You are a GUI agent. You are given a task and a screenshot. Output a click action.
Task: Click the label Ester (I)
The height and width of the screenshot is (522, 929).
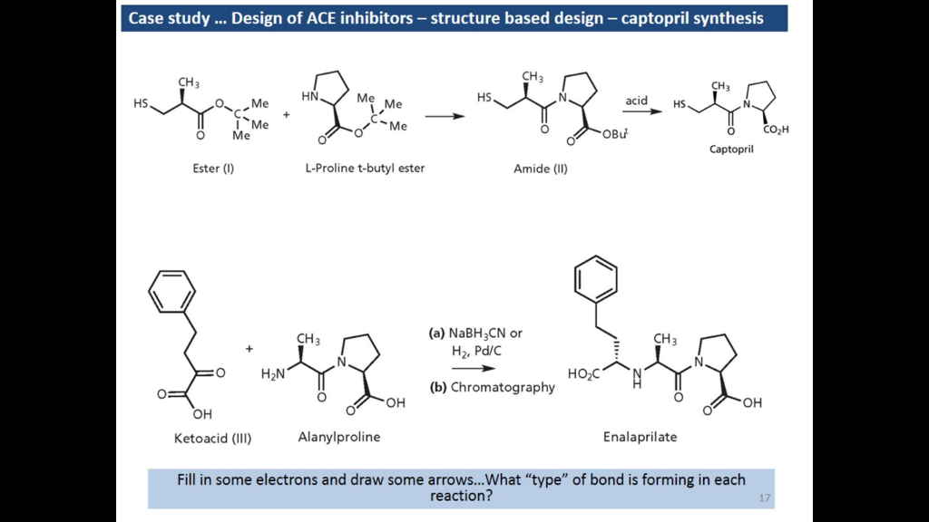tap(213, 168)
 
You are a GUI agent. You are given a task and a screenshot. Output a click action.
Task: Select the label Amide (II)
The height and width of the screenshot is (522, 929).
tap(541, 168)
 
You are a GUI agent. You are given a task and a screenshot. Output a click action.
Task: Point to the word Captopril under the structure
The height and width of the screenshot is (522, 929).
tap(731, 150)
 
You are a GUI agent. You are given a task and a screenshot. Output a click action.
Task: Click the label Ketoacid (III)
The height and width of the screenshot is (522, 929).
tap(212, 439)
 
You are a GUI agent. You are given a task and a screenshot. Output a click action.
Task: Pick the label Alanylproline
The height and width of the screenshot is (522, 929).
tap(339, 437)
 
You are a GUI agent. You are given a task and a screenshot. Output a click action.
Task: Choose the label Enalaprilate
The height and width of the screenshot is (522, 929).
tap(640, 437)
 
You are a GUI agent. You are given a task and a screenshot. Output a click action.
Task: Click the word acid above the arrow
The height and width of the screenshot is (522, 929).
tap(636, 101)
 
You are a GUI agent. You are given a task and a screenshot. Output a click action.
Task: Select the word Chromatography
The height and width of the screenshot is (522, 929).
tap(503, 387)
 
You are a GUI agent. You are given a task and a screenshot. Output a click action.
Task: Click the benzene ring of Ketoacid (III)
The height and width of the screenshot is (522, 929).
tap(171, 293)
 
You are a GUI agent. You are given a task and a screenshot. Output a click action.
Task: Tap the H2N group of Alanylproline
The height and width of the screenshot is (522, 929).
tap(272, 373)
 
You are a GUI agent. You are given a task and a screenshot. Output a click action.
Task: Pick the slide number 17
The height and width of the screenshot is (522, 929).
tap(764, 498)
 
